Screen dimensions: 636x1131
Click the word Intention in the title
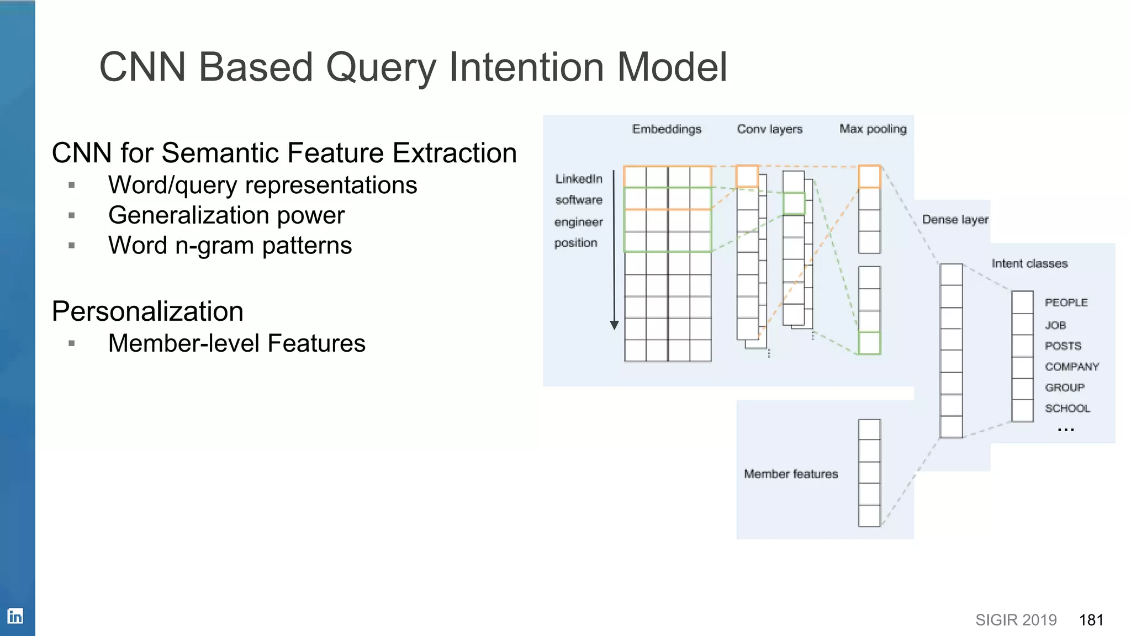tap(526, 67)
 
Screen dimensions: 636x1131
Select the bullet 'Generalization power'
tap(226, 215)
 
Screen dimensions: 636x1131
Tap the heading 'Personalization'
tap(147, 311)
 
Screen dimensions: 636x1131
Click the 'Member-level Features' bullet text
tap(236, 343)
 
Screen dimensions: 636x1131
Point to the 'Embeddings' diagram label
tap(667, 129)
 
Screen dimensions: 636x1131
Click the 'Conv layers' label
tap(769, 129)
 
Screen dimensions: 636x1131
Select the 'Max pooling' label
tap(873, 129)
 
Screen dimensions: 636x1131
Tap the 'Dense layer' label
tap(955, 220)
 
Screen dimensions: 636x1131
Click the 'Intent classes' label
tap(1029, 264)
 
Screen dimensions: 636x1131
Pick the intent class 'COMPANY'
tap(1071, 367)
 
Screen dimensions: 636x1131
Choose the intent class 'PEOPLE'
tap(1066, 303)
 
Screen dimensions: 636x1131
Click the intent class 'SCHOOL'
tap(1067, 409)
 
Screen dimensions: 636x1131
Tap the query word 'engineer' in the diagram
tap(578, 222)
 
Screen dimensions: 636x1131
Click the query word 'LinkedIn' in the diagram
tap(578, 179)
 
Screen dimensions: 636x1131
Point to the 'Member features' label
tap(791, 474)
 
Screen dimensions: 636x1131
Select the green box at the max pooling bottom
tap(869, 343)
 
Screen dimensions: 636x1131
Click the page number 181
tap(1091, 620)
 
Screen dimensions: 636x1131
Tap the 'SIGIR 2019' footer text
tap(1016, 620)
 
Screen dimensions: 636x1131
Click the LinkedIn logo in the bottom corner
tap(15, 616)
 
